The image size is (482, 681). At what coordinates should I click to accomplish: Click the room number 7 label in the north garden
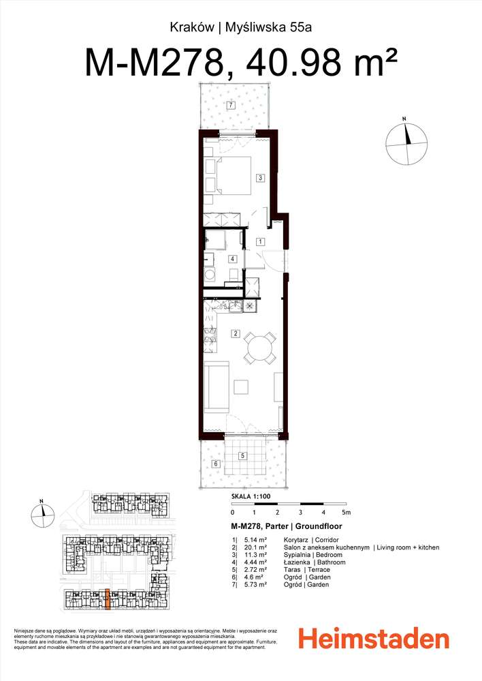(231, 106)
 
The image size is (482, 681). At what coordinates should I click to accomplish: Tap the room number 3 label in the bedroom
(260, 178)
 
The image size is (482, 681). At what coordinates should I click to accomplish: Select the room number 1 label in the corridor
(260, 241)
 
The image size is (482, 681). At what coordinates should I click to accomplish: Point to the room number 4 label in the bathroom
(232, 259)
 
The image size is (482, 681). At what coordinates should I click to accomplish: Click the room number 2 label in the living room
(235, 333)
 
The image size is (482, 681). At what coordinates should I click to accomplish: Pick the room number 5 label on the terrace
(242, 456)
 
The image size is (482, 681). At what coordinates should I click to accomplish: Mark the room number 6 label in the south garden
(215, 464)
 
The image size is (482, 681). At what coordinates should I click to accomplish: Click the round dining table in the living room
(260, 348)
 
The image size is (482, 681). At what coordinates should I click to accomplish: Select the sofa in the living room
(214, 387)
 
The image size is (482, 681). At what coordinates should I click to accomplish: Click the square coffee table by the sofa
(242, 387)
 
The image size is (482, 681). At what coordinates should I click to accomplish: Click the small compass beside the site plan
(42, 513)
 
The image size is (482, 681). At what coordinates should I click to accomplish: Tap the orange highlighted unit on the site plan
(107, 598)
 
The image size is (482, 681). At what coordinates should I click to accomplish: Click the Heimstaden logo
(374, 639)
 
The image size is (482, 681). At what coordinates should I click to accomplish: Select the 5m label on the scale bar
(346, 512)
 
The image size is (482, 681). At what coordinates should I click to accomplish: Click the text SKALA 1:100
(251, 498)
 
